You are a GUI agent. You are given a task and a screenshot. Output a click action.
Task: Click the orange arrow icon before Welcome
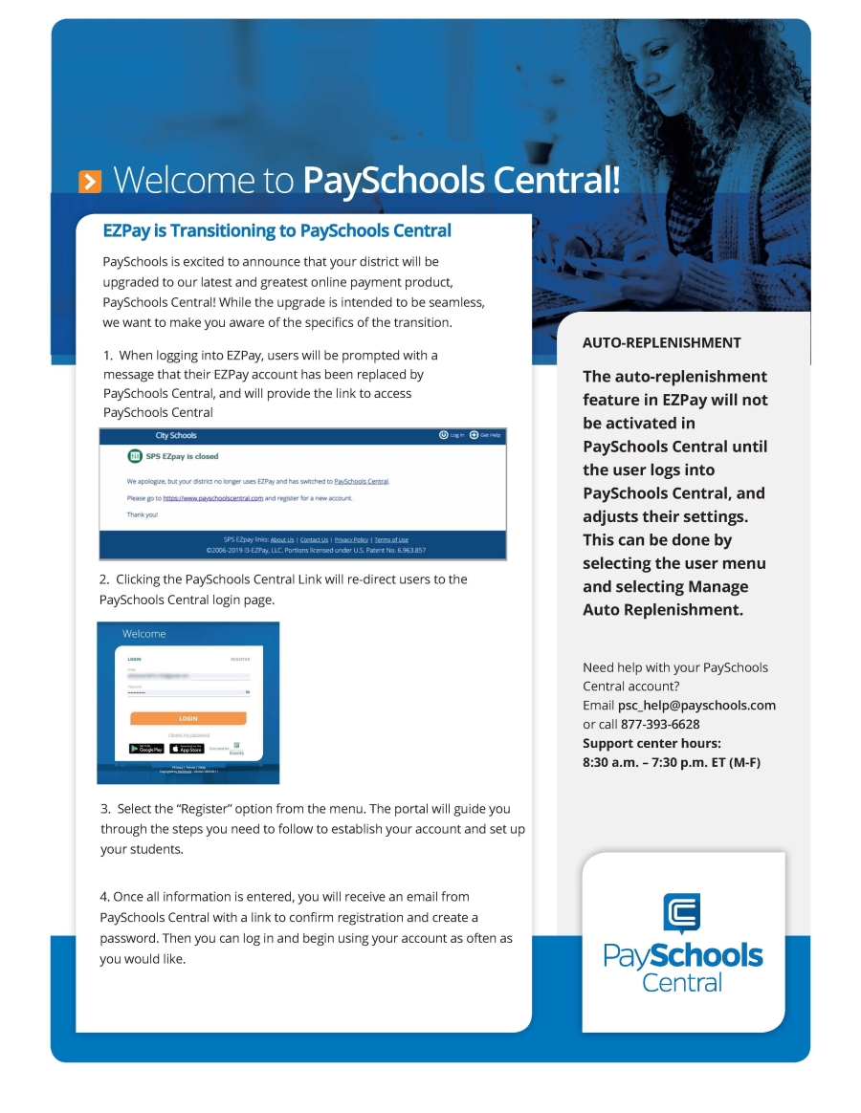pos(90,181)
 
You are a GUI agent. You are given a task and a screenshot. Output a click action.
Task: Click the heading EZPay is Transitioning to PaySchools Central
pos(276,230)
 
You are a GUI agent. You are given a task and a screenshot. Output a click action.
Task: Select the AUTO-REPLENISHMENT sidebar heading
pos(661,342)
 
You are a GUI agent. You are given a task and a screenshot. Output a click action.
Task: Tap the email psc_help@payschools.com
pos(696,706)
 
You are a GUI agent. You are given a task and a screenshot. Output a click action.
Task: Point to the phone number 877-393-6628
pos(660,724)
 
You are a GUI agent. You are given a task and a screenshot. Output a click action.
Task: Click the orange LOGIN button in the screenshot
pos(188,718)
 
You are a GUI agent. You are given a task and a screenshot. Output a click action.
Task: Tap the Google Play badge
pos(146,749)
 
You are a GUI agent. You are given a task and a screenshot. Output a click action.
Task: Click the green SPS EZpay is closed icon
pos(134,456)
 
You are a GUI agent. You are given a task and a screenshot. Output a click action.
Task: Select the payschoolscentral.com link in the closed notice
pos(212,498)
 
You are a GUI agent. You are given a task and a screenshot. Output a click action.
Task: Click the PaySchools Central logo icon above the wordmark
pos(681,912)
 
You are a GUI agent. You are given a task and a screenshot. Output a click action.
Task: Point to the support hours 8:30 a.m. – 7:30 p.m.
pos(671,762)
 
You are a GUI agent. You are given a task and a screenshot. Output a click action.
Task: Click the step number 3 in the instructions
pos(104,809)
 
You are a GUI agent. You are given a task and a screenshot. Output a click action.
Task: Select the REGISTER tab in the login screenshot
pos(240,659)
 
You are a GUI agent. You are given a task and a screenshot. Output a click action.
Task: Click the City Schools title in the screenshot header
pos(176,436)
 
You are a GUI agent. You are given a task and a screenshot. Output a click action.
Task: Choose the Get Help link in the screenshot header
pos(485,436)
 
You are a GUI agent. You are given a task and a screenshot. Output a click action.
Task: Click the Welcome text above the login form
pos(143,634)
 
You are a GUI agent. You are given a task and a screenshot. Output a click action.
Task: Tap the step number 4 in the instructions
pos(103,897)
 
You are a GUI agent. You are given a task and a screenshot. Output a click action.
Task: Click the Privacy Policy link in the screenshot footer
pos(351,540)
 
